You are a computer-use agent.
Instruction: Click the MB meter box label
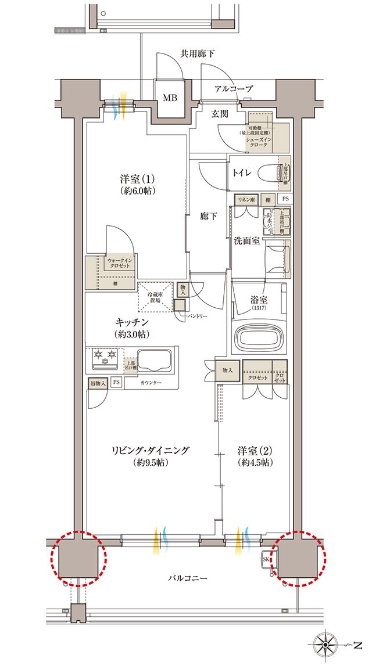tap(169, 98)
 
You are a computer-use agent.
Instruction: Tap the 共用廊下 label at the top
tap(196, 54)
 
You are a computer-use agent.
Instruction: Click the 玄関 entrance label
tap(219, 114)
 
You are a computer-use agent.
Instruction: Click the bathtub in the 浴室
tap(259, 337)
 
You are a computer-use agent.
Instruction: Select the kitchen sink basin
tap(153, 360)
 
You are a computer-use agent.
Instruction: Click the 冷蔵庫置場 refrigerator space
tap(155, 297)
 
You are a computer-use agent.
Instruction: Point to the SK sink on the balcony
tap(267, 559)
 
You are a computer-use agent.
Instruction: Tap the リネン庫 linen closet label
tap(246, 199)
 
